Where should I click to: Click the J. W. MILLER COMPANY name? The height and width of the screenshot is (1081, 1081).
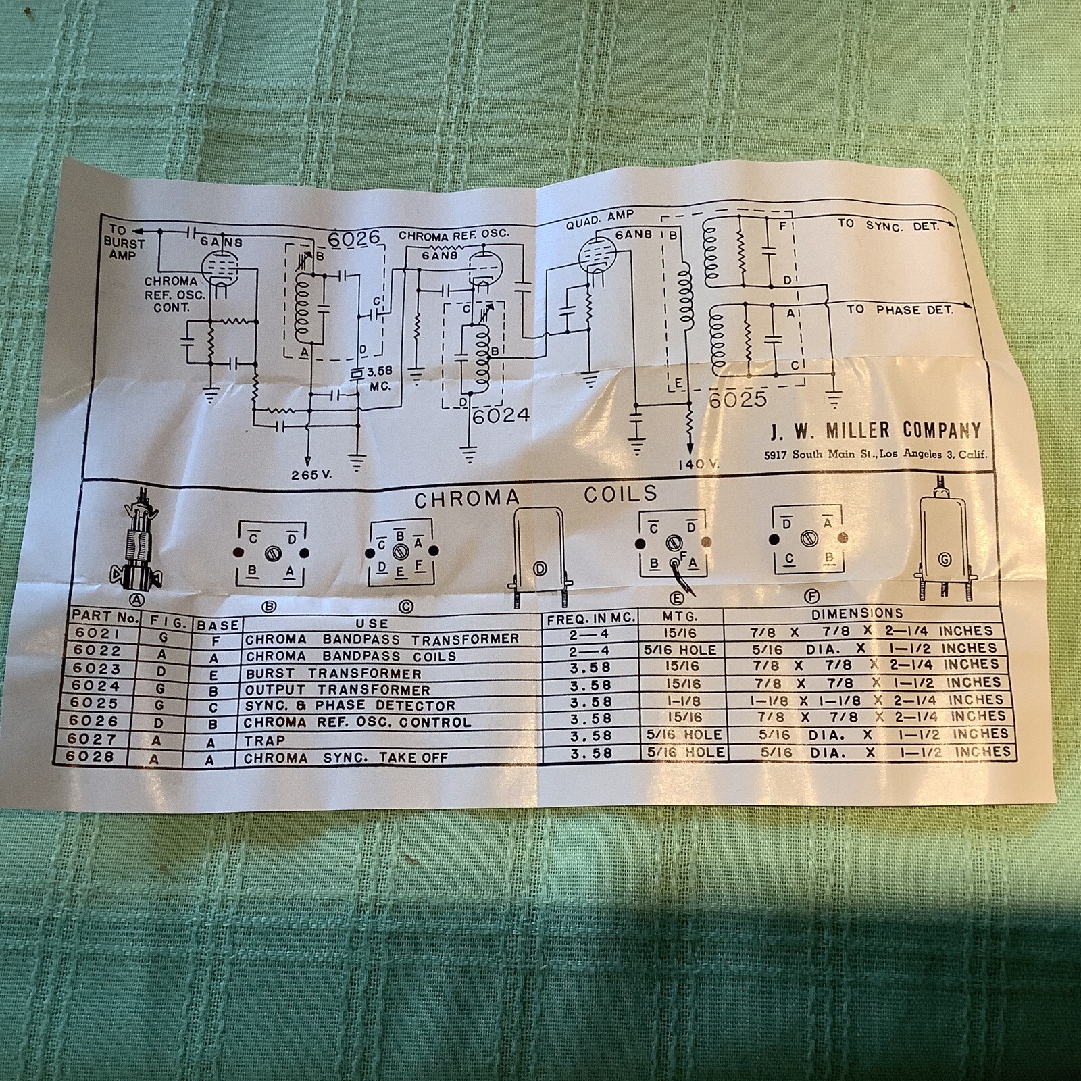[876, 430]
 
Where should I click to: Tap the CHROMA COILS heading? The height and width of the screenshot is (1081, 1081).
[535, 497]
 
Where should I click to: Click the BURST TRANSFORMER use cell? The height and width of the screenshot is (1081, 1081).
[333, 674]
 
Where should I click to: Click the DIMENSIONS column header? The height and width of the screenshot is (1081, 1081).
[857, 613]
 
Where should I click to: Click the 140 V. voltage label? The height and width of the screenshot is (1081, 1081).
[699, 464]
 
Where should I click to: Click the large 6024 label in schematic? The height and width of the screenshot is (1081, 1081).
[501, 416]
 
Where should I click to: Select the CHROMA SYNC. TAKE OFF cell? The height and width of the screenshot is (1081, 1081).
[345, 757]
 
